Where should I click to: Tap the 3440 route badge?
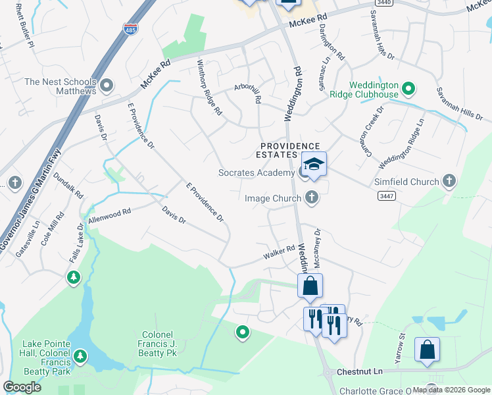pyautogui.click(x=387, y=3)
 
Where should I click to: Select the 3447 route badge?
pyautogui.click(x=387, y=196)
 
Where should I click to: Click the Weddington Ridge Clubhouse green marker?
pyautogui.click(x=408, y=88)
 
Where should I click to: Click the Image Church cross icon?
pyautogui.click(x=312, y=197)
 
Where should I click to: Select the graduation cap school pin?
pyautogui.click(x=314, y=165)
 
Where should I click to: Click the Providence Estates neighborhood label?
pyautogui.click(x=289, y=150)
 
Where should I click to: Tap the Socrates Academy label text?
pyautogui.click(x=257, y=173)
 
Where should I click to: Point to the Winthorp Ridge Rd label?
pyautogui.click(x=210, y=88)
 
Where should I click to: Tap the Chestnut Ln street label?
pyautogui.click(x=360, y=372)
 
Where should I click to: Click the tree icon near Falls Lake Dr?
pyautogui.click(x=74, y=279)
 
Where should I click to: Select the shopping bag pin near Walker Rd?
pyautogui.click(x=310, y=286)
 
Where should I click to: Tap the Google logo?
pyautogui.click(x=22, y=387)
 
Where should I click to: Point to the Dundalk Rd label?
pyautogui.click(x=68, y=186)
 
